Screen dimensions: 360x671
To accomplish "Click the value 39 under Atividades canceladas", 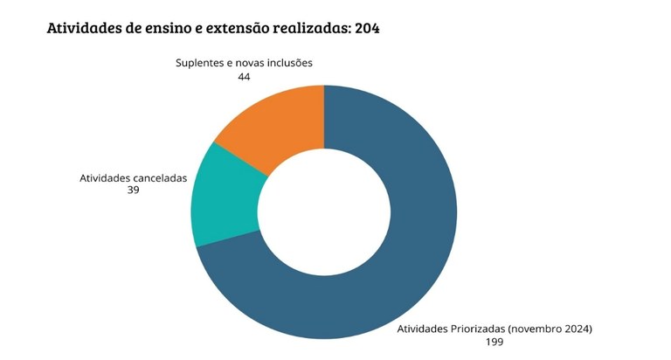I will click(x=134, y=189).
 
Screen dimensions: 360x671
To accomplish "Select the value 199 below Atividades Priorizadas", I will click(x=495, y=342).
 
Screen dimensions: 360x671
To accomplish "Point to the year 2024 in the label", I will click(x=579, y=329).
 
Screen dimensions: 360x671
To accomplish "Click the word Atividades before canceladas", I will click(x=104, y=177).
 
